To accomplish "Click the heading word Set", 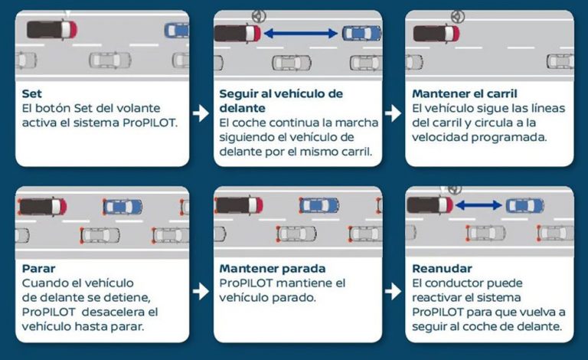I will pos(31,94).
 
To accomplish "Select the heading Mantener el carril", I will pos(459,94).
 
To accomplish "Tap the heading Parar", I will pos(38,269).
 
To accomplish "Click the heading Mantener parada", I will pos(272,269).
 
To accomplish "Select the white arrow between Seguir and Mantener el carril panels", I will pos(393,113).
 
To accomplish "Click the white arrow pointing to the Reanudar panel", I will pos(393,291).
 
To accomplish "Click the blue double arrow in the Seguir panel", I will pos(300,33).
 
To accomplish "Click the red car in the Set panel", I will pos(51,30).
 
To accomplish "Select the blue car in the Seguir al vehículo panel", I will pos(361,33).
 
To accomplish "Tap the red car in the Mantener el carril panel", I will pos(436,34).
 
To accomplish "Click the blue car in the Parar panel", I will pos(122,207).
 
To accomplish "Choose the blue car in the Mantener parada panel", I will pos(318,205).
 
